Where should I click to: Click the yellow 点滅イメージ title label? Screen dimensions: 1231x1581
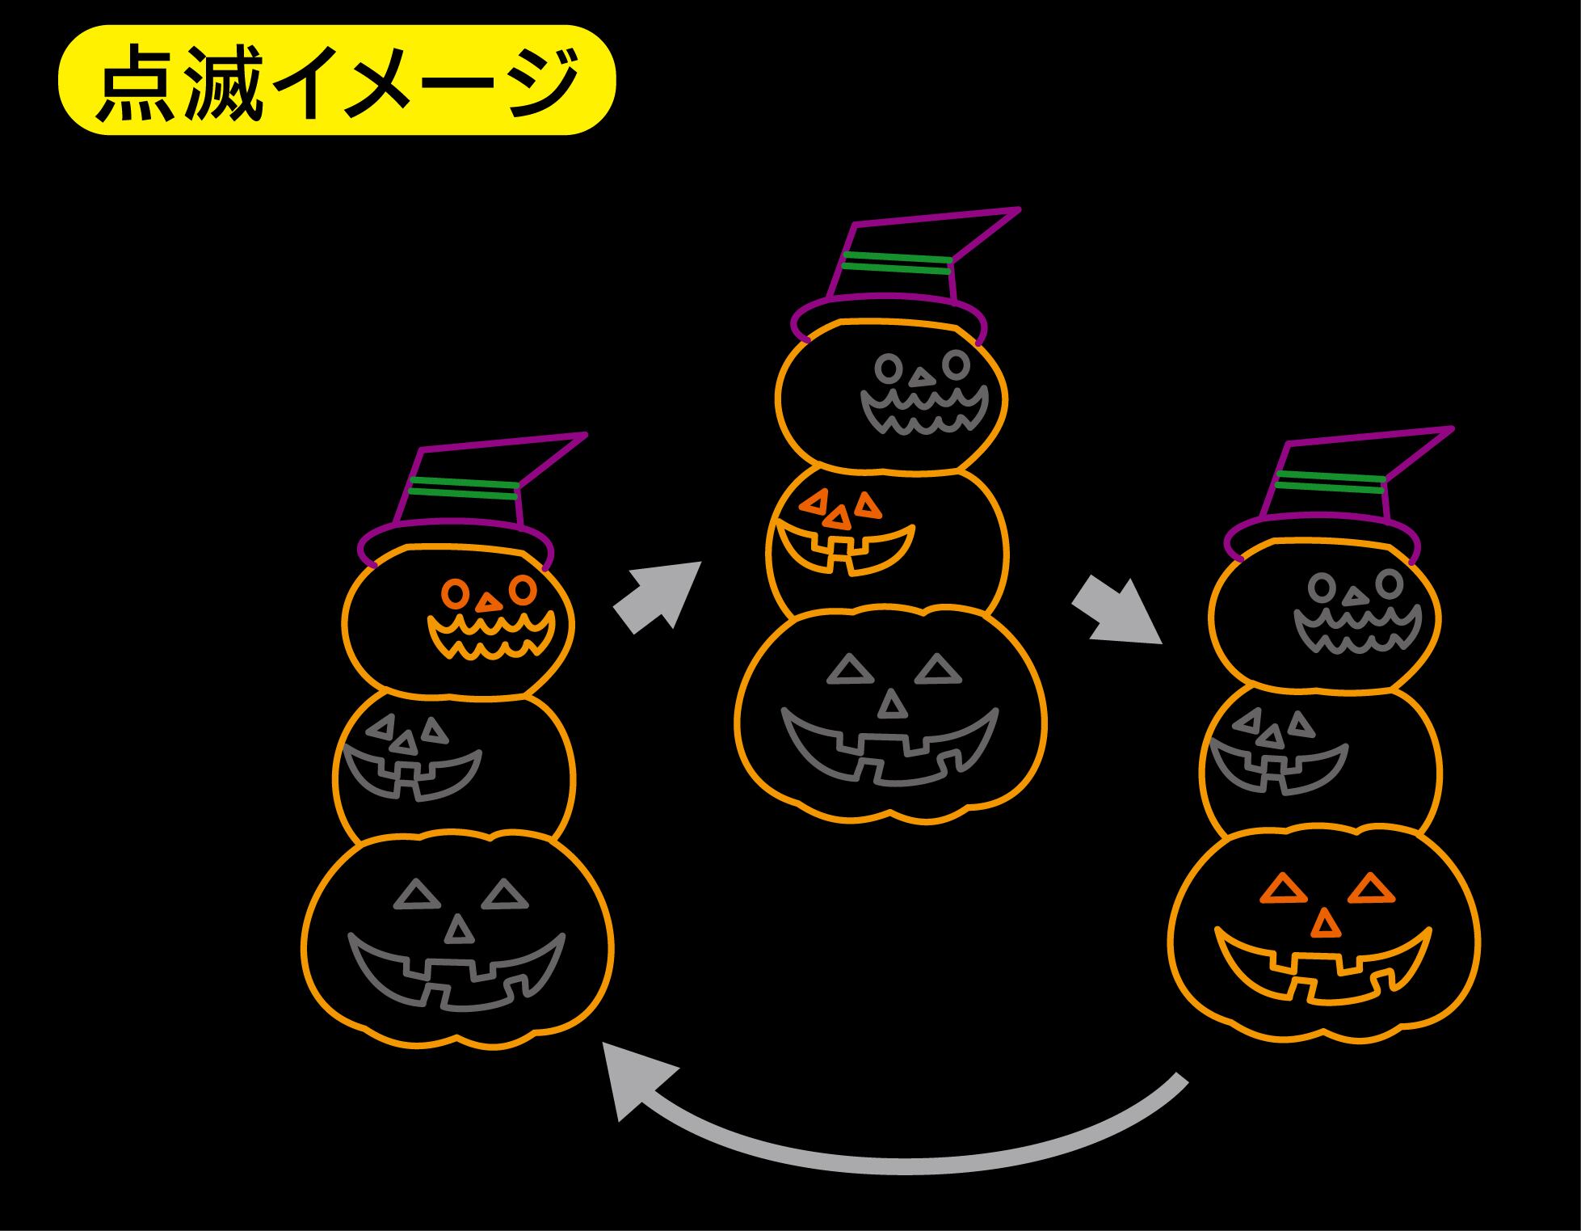click(x=337, y=80)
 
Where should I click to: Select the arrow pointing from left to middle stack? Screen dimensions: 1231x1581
click(x=656, y=598)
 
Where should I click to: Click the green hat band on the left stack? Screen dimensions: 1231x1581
click(x=463, y=487)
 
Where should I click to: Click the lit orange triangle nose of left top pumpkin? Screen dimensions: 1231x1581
click(x=488, y=603)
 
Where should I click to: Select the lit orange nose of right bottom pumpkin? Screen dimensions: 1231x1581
click(x=1323, y=923)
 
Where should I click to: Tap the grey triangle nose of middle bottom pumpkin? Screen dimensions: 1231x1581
click(x=892, y=705)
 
